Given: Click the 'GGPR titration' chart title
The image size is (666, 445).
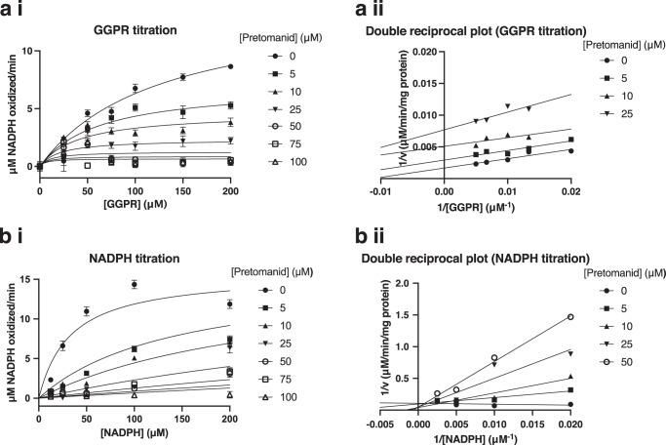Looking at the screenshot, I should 131,31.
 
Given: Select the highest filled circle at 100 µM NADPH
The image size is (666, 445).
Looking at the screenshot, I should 135,284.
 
